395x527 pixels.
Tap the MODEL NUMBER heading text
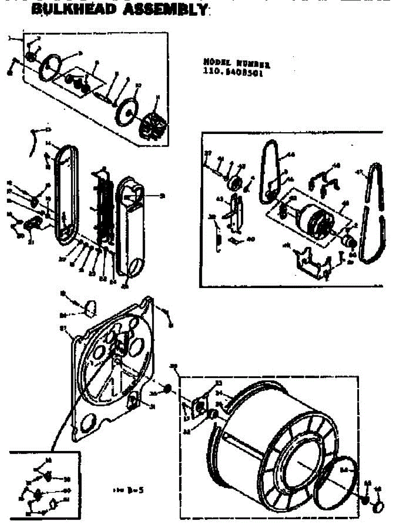pos(237,65)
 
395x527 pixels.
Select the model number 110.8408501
pos(233,74)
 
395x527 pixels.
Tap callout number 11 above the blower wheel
pos(158,97)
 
